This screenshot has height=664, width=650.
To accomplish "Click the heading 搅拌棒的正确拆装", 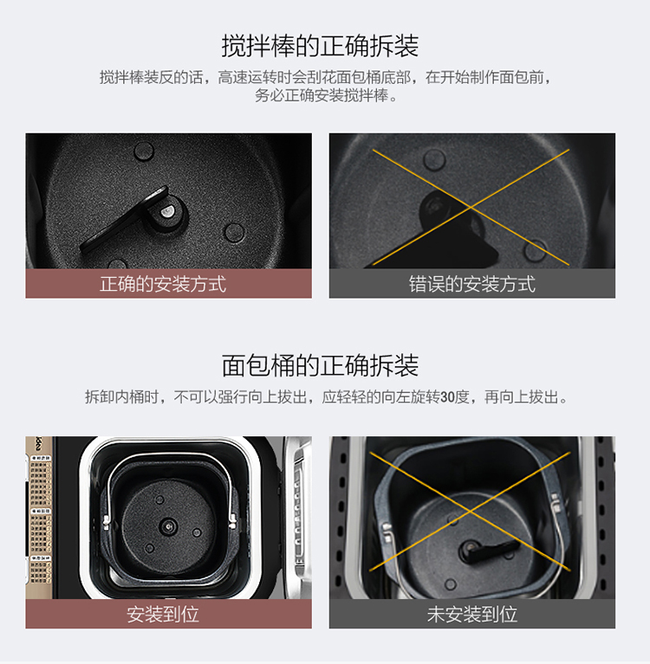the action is click(x=320, y=46).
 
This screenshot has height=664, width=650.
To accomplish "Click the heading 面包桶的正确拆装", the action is click(x=320, y=365).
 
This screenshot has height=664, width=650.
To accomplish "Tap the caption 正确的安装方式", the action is click(x=163, y=284).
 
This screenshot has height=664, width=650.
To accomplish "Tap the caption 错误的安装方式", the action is click(x=472, y=284).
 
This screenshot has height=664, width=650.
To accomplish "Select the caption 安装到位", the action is click(x=163, y=614).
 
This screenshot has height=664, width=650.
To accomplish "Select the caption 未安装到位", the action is click(x=472, y=614).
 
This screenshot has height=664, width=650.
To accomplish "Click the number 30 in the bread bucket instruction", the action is click(x=447, y=397).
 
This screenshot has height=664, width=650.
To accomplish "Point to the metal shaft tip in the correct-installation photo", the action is click(x=168, y=210).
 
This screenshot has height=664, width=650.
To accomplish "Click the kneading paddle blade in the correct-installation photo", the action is click(x=123, y=220).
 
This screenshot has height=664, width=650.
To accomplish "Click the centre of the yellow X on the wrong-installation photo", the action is click(x=471, y=207).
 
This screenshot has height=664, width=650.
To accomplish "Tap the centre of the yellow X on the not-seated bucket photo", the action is click(x=470, y=512).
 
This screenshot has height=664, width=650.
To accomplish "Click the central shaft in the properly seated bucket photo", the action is click(x=169, y=526).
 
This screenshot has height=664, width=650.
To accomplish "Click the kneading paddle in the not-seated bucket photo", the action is click(x=488, y=550).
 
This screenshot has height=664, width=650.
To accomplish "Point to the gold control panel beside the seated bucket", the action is click(x=39, y=518).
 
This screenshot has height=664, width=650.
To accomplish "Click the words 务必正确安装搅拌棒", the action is click(x=322, y=96).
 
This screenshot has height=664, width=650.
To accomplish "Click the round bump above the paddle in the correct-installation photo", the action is click(x=144, y=151).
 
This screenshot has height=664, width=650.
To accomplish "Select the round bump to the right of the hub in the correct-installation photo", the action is click(x=234, y=232).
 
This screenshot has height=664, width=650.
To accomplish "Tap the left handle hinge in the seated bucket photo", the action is click(x=107, y=522).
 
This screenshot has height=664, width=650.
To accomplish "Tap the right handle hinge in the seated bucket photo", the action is click(x=232, y=521).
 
